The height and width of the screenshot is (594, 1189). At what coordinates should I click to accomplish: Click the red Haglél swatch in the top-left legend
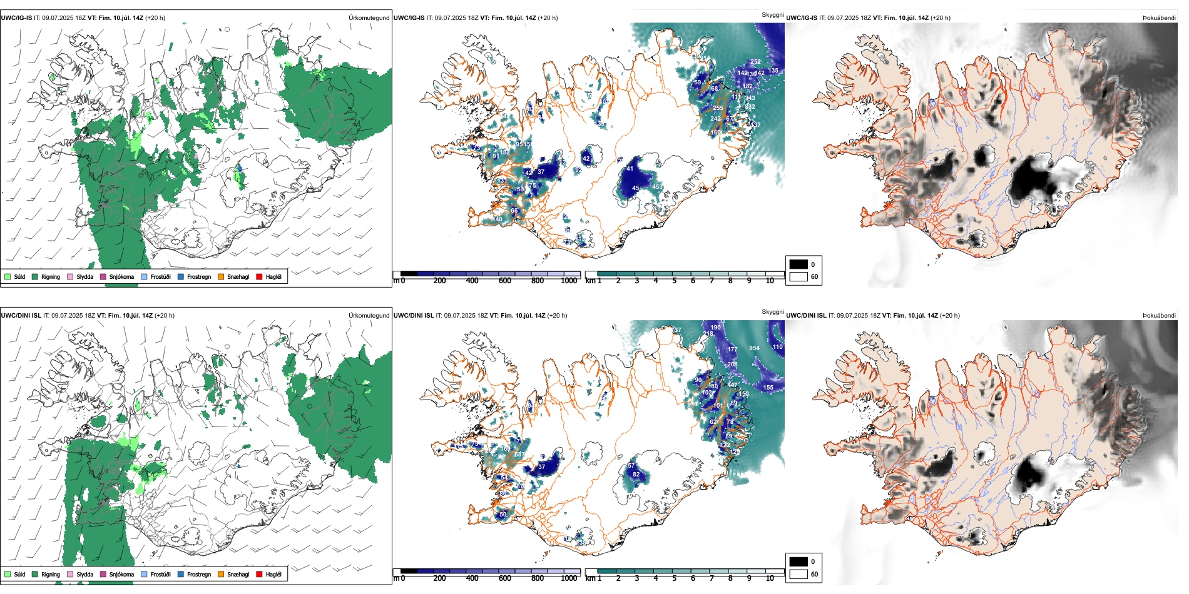[259, 276]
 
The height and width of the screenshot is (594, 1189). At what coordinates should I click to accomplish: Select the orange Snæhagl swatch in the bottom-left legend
[221, 574]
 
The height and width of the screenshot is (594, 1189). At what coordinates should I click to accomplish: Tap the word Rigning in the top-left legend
[51, 276]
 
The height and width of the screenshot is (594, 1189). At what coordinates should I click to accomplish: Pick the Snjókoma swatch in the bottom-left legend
[103, 574]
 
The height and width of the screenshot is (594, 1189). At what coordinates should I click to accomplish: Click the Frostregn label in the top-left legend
[199, 276]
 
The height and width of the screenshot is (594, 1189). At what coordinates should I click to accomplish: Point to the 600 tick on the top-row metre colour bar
[504, 281]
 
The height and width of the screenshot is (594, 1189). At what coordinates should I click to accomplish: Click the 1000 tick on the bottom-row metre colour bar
[569, 578]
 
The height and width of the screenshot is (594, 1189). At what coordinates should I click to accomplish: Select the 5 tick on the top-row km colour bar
[675, 281]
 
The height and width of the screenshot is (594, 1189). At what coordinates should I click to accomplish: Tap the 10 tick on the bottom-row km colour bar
[770, 578]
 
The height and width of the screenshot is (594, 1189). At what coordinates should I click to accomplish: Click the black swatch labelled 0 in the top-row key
[799, 264]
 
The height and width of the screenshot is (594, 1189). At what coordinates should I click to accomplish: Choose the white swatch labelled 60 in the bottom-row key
[799, 574]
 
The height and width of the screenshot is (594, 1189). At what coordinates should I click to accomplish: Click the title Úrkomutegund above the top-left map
[369, 18]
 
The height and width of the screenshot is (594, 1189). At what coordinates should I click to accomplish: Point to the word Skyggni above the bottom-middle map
[772, 312]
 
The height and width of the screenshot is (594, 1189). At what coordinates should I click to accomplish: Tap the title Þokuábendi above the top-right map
[1159, 18]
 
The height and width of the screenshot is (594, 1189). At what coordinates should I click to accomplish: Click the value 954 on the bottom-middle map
[754, 348]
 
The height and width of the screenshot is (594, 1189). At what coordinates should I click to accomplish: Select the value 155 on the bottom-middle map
[768, 388]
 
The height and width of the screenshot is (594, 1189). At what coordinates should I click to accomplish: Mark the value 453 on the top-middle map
[657, 187]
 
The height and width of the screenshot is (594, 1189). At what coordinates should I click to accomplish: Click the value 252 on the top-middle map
[755, 62]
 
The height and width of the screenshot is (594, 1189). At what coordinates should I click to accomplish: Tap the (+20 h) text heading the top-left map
[155, 18]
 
